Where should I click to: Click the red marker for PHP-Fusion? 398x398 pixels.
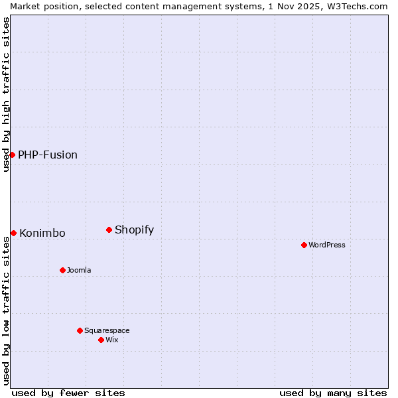[12, 155]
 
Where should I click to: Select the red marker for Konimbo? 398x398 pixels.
[13, 233]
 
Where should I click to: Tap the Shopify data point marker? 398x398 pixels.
[109, 230]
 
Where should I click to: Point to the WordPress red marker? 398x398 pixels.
[304, 245]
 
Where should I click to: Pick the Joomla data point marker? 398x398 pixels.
[62, 270]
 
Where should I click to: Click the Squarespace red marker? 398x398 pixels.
[80, 330]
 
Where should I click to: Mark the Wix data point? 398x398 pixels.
[101, 340]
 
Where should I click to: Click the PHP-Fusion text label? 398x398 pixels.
[48, 155]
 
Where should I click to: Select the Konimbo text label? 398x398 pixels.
[42, 233]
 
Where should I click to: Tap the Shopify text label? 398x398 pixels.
[134, 230]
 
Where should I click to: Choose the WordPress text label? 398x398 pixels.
[327, 245]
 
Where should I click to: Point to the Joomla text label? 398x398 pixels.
[79, 270]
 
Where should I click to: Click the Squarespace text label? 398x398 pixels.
[107, 330]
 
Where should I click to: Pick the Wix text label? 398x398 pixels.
[112, 340]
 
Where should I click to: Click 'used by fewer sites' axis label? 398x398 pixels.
[68, 393]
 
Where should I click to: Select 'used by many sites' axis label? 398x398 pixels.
[333, 393]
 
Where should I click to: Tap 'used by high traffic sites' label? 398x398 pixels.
[6, 94]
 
